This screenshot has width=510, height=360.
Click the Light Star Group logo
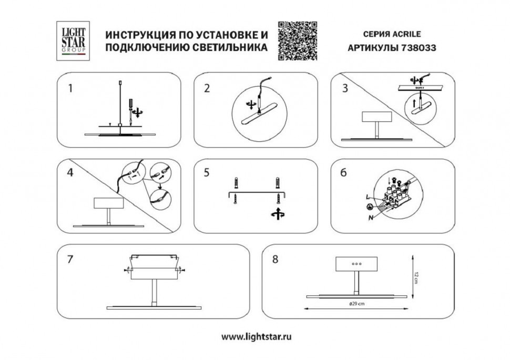coord(73,40)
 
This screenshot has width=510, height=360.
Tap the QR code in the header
coord(297,41)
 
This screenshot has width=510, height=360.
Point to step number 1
coord(69,88)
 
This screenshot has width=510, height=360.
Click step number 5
coord(207,173)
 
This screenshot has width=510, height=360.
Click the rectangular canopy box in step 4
coord(108,204)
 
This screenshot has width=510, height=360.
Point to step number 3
coord(345,88)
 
